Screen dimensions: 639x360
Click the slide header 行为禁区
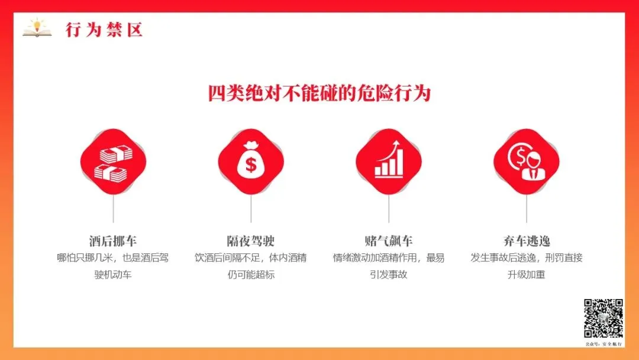coord(104,30)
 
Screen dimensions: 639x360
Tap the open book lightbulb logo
coord(37,28)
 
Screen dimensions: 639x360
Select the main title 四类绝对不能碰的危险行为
coord(319,94)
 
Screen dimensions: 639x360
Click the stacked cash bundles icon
coord(113,163)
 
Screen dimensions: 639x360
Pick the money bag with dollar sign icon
coord(251,160)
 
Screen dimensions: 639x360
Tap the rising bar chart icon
coord(389,159)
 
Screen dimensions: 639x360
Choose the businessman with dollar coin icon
coord(527,162)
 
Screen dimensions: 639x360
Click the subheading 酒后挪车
coord(113,241)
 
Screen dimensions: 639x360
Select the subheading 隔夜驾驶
coord(251,241)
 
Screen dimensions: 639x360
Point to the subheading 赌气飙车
coord(388,241)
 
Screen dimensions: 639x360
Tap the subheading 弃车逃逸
coord(527,241)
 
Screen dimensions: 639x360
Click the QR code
coord(603,319)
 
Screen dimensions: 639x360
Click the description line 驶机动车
coord(113,275)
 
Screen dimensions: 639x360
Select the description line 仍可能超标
coord(251,275)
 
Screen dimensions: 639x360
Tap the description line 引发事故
coord(388,275)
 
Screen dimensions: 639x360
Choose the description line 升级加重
coord(527,275)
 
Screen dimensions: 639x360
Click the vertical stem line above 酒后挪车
coord(113,208)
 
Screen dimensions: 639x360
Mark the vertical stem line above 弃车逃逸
coord(527,208)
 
